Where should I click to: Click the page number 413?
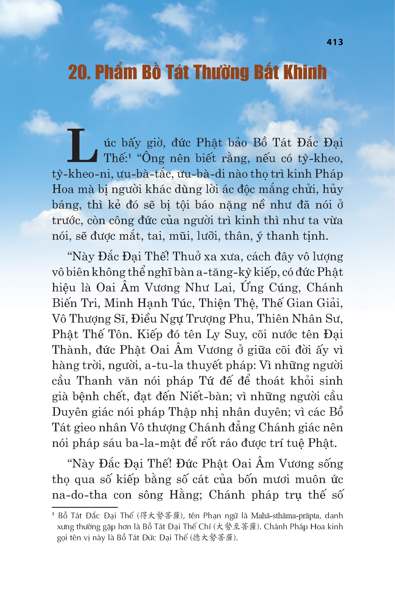(335, 42)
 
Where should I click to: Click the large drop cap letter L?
(82, 146)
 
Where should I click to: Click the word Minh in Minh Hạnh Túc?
(118, 303)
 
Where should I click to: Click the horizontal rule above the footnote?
(85, 507)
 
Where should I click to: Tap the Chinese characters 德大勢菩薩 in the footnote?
(213, 537)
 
